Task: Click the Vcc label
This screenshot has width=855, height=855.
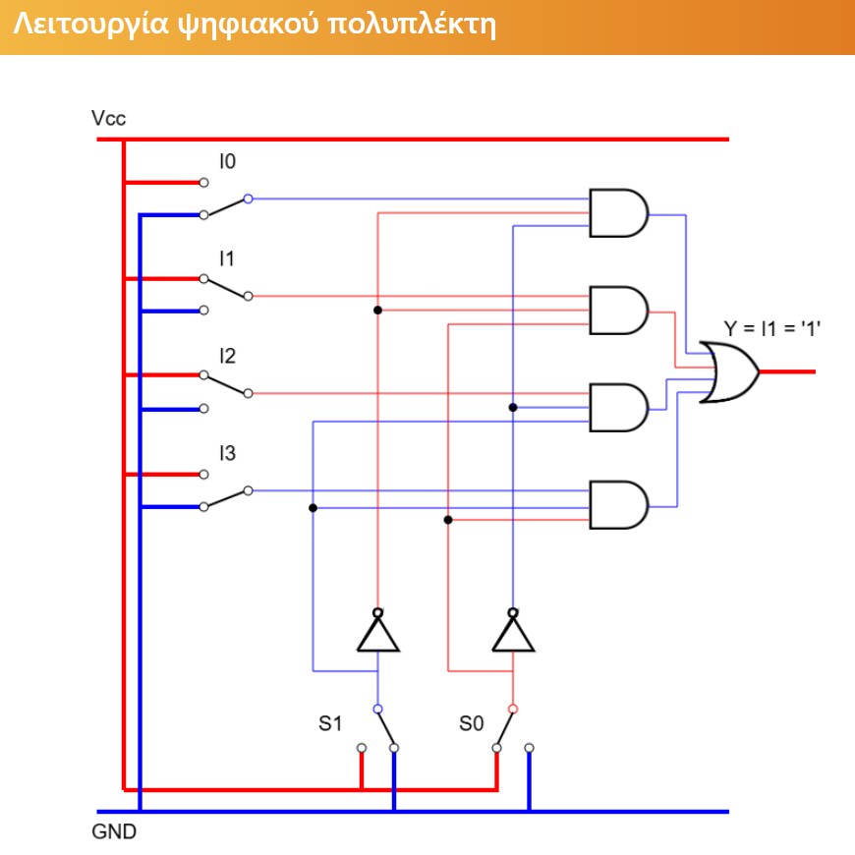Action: (x=108, y=118)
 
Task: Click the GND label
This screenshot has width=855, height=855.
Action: (x=114, y=831)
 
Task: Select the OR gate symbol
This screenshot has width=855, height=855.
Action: (x=729, y=372)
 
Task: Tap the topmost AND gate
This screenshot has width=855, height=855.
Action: (x=619, y=213)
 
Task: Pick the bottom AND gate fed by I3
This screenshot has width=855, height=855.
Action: (x=619, y=505)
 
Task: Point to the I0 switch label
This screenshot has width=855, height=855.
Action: (x=227, y=161)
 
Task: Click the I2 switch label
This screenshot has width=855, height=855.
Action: (x=227, y=356)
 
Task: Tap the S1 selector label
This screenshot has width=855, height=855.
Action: (x=330, y=723)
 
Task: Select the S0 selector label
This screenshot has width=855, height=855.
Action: (x=471, y=723)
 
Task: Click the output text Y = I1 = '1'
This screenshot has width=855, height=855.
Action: (x=772, y=329)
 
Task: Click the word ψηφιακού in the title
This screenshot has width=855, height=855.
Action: (x=249, y=26)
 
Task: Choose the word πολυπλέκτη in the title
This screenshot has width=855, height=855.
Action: (x=413, y=26)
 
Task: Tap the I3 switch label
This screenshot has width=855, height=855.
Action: (x=227, y=453)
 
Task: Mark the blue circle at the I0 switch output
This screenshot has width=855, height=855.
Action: (x=248, y=199)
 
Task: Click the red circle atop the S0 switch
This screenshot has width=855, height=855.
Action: (x=513, y=709)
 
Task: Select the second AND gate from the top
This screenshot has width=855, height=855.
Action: (x=619, y=311)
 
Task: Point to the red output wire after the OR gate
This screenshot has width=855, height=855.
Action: (x=787, y=371)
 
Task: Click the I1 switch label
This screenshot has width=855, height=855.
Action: (x=227, y=258)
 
